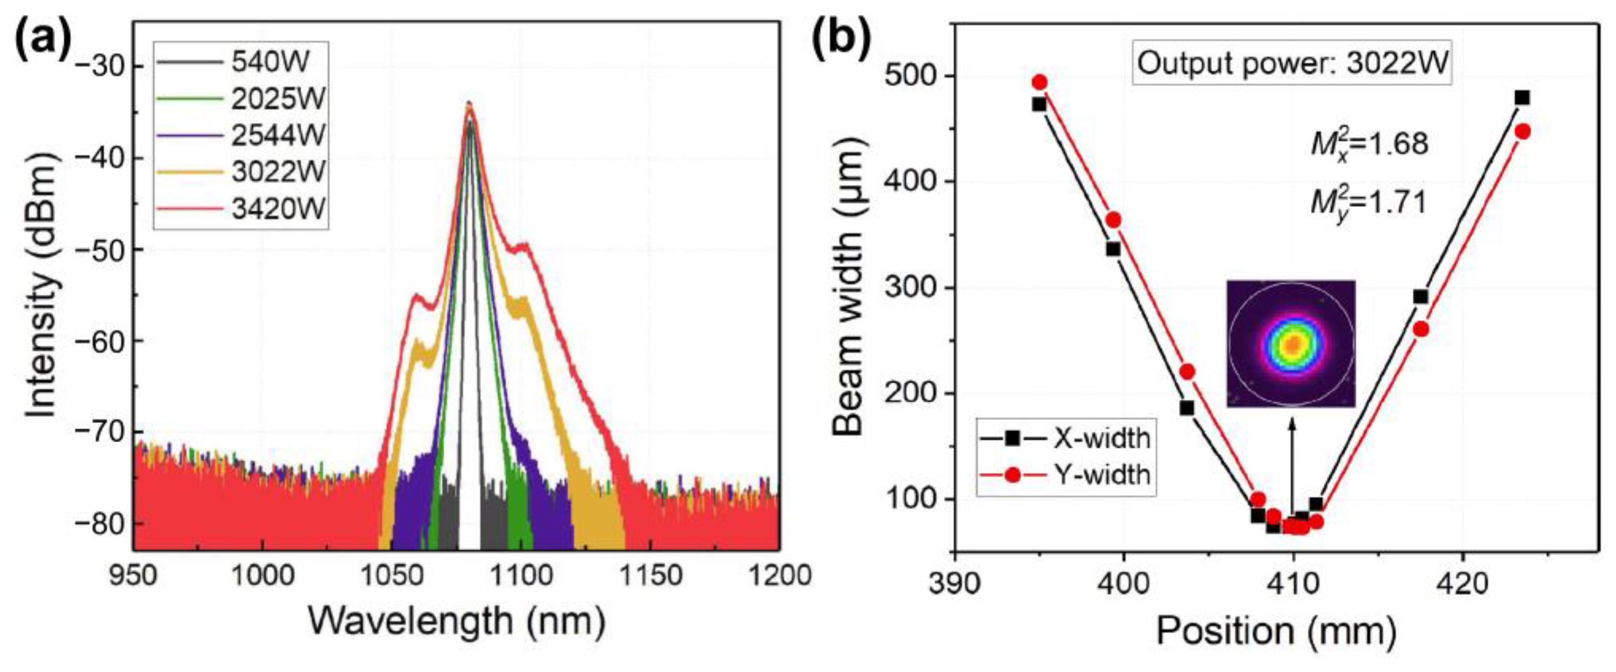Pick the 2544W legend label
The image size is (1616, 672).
click(278, 135)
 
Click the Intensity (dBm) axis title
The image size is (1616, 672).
click(43, 284)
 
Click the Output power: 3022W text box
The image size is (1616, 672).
click(1292, 64)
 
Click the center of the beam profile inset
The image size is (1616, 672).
click(1291, 344)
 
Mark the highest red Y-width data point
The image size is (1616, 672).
click(1039, 82)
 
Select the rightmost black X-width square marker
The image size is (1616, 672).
click(1522, 97)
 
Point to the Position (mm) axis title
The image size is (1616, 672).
click(1276, 631)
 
